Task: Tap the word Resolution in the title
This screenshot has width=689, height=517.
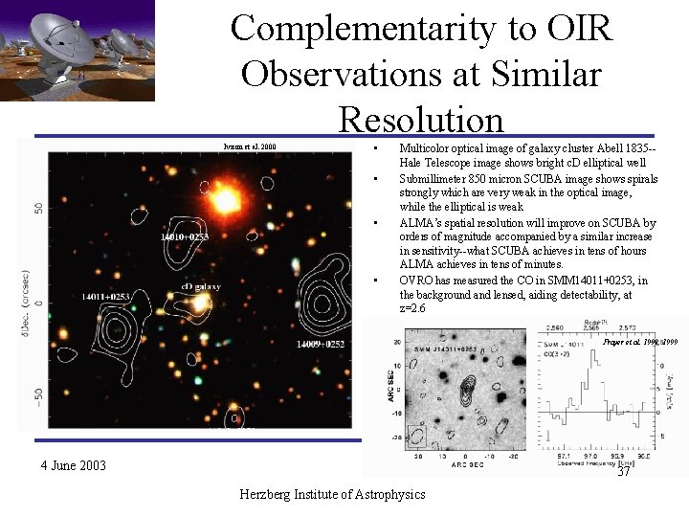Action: pyautogui.click(x=420, y=121)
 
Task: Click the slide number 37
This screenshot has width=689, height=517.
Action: pyautogui.click(x=624, y=472)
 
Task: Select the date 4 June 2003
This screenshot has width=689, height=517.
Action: pyautogui.click(x=73, y=466)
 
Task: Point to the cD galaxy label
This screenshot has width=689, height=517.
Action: pyautogui.click(x=200, y=286)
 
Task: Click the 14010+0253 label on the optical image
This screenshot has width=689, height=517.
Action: pyautogui.click(x=184, y=236)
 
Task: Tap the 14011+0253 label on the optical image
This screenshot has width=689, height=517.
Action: pyautogui.click(x=105, y=298)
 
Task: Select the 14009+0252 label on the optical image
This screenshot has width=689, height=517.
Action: pyautogui.click(x=321, y=344)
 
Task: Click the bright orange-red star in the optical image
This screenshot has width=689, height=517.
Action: pyautogui.click(x=224, y=201)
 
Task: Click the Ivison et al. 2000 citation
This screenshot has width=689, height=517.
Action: pyautogui.click(x=249, y=146)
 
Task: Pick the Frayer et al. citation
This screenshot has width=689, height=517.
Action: pyautogui.click(x=638, y=342)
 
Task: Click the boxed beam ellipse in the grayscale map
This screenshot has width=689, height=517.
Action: pyautogui.click(x=417, y=436)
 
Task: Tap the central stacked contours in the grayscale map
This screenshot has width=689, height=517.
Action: pyautogui.click(x=468, y=393)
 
